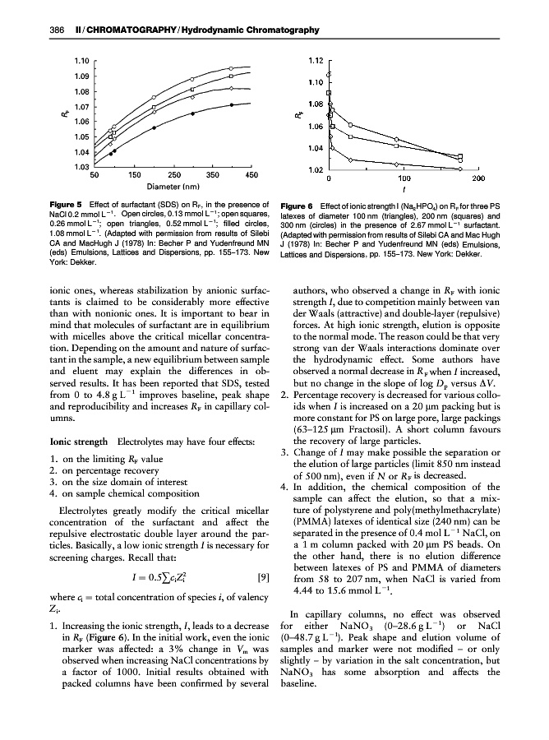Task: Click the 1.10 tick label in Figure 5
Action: click(80, 60)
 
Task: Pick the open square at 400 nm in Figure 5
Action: click(233, 76)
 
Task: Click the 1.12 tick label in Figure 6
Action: click(314, 60)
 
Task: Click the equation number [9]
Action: click(263, 576)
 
